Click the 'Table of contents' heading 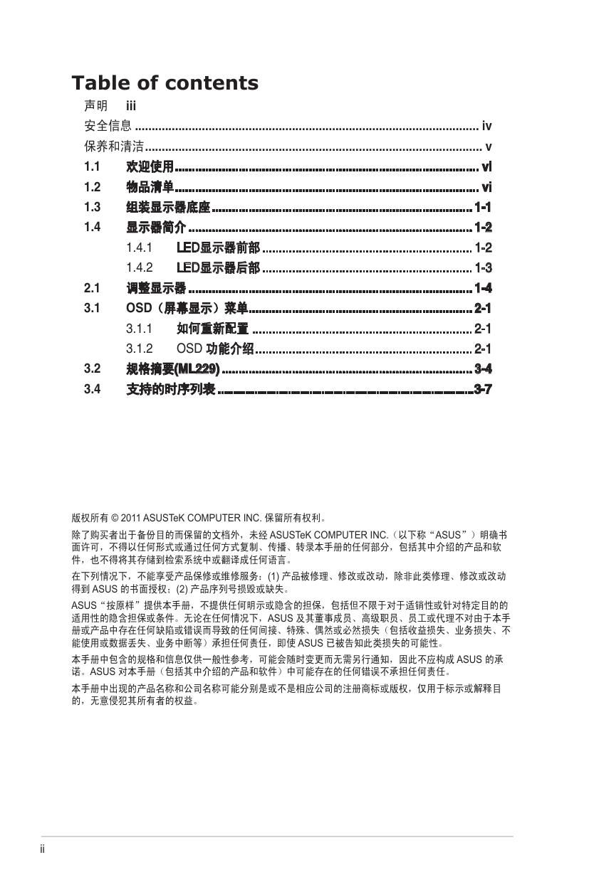point(165,83)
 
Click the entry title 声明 point(96,106)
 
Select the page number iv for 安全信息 point(486,127)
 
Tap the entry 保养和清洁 point(114,147)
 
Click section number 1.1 point(92,167)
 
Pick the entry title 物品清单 point(150,187)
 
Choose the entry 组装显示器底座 point(168,207)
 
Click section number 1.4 point(92,227)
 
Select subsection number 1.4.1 point(139,248)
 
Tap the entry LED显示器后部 point(218,267)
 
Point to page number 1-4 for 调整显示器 point(483,288)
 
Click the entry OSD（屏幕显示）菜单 point(187,308)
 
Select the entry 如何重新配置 point(212,329)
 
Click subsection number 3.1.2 point(139,349)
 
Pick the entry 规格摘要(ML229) point(172,368)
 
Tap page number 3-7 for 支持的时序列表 point(483,389)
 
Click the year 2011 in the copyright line point(132,519)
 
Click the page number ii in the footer point(43,849)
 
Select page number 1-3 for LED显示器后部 point(483,267)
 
